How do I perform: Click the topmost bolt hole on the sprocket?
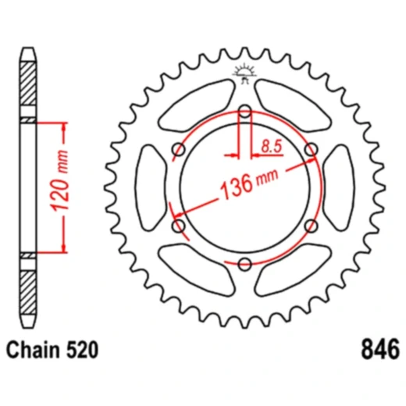pyautogui.click(x=244, y=112)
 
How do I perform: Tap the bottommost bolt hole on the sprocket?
pyautogui.click(x=244, y=263)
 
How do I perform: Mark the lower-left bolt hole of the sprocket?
pyautogui.click(x=179, y=226)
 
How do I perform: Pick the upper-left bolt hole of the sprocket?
pyautogui.click(x=179, y=150)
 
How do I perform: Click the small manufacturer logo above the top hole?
pyautogui.click(x=244, y=76)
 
